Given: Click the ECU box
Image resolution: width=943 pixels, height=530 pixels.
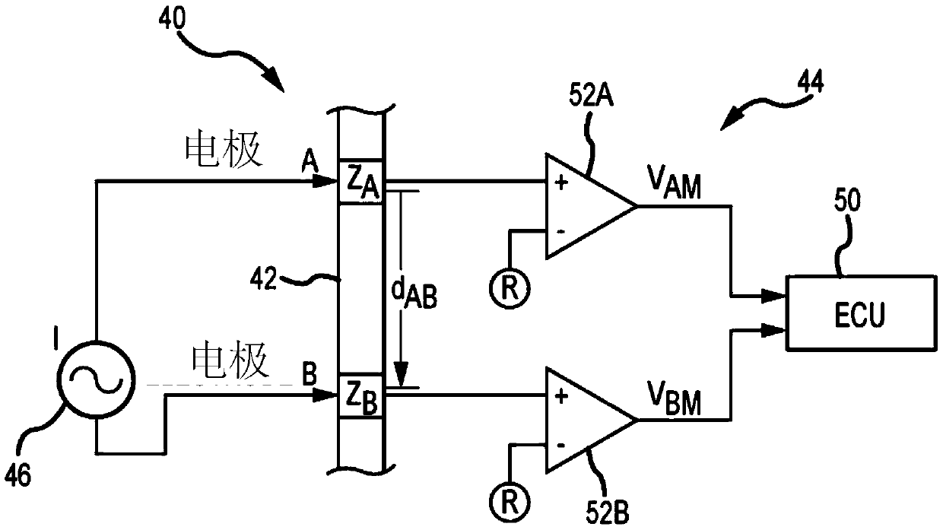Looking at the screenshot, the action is [862, 313].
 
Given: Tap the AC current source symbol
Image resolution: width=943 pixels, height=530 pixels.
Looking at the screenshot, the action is [97, 380].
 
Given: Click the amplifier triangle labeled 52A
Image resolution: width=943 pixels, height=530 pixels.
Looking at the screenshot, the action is [589, 206].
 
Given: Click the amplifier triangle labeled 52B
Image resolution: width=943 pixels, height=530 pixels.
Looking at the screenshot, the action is [589, 420].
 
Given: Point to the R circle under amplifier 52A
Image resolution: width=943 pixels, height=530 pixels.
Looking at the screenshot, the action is [510, 288].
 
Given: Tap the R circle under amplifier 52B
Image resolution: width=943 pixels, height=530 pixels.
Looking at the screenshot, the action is [510, 502].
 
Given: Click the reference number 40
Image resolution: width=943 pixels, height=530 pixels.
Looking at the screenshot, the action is [172, 19].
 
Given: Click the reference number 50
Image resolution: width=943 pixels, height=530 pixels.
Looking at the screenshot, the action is [847, 201].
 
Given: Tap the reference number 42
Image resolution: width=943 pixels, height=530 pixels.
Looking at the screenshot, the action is [264, 278].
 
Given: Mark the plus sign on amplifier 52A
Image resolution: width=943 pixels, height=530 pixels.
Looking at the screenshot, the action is [561, 182].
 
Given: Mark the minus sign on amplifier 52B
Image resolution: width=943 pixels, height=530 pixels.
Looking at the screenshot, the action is [560, 446].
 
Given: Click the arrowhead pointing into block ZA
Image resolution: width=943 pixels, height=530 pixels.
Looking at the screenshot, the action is [325, 182].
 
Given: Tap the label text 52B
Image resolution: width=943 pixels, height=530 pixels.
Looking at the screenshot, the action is [608, 513].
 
